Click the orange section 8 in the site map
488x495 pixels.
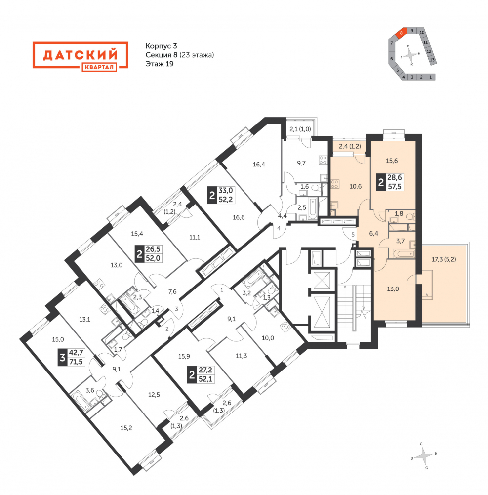pyautogui.click(x=401, y=33)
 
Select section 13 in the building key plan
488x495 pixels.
pyautogui.click(x=432, y=60)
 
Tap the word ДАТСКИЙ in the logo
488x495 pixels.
pyautogui.click(x=80, y=55)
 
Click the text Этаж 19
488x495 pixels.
pyautogui.click(x=160, y=64)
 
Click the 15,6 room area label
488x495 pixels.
pyautogui.click(x=392, y=161)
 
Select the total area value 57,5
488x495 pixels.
pyautogui.click(x=395, y=187)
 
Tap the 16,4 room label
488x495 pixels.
pyautogui.click(x=259, y=164)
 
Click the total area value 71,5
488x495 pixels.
pyautogui.click(x=76, y=362)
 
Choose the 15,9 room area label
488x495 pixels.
pyautogui.click(x=184, y=356)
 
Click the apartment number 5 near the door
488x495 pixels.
pyautogui.click(x=353, y=235)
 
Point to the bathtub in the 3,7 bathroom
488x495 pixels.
pyautogui.click(x=402, y=253)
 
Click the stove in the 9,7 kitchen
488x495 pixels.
pyautogui.click(x=323, y=160)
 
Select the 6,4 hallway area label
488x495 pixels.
pyautogui.click(x=373, y=233)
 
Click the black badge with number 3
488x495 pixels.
pyautogui.click(x=63, y=358)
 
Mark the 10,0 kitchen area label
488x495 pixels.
pyautogui.click(x=268, y=338)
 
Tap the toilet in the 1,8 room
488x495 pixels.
pyautogui.click(x=410, y=216)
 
